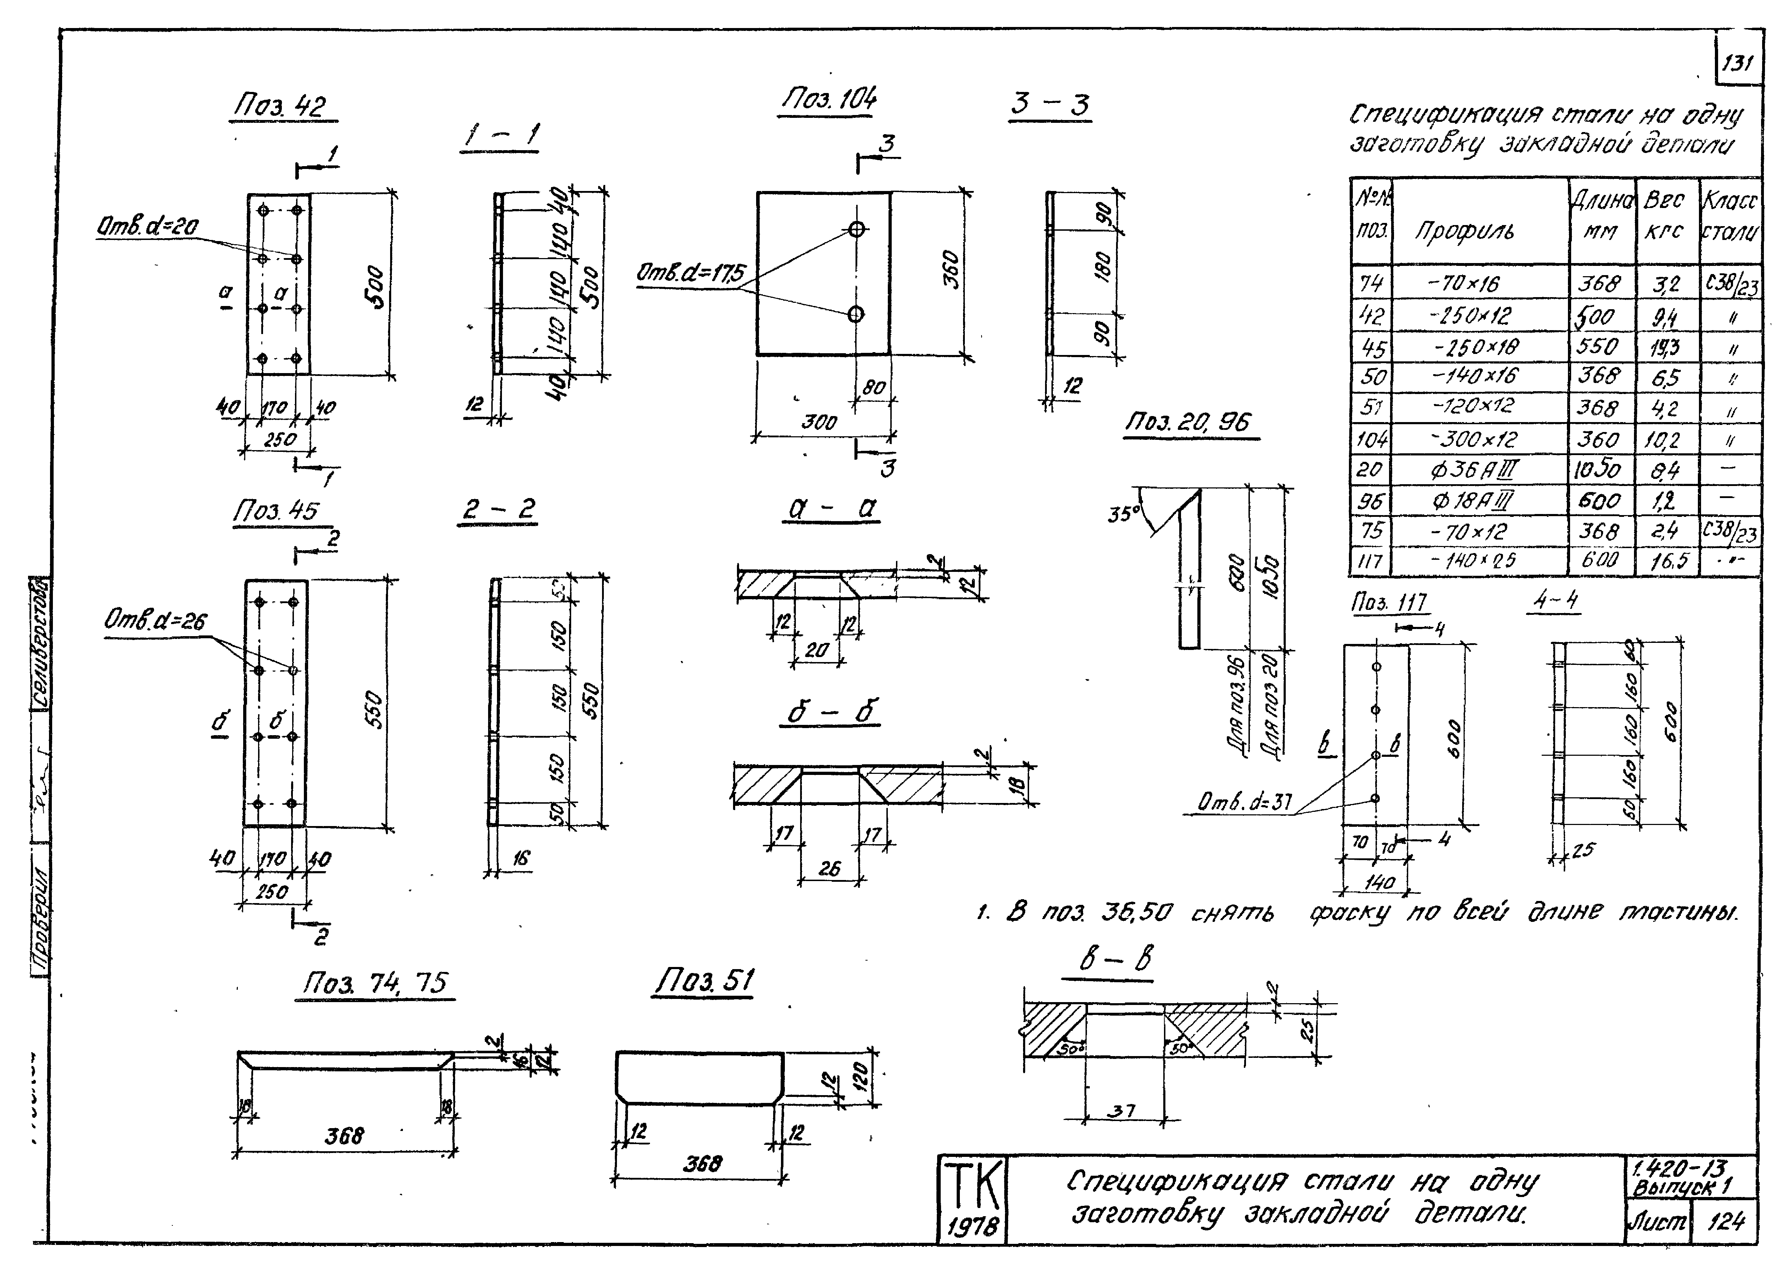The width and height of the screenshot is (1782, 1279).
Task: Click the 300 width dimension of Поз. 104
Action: pos(819,422)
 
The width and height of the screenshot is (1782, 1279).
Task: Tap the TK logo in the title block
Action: pos(972,1186)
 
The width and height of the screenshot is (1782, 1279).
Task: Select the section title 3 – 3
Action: pos(1050,104)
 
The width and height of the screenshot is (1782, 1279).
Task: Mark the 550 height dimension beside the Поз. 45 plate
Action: pos(375,709)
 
